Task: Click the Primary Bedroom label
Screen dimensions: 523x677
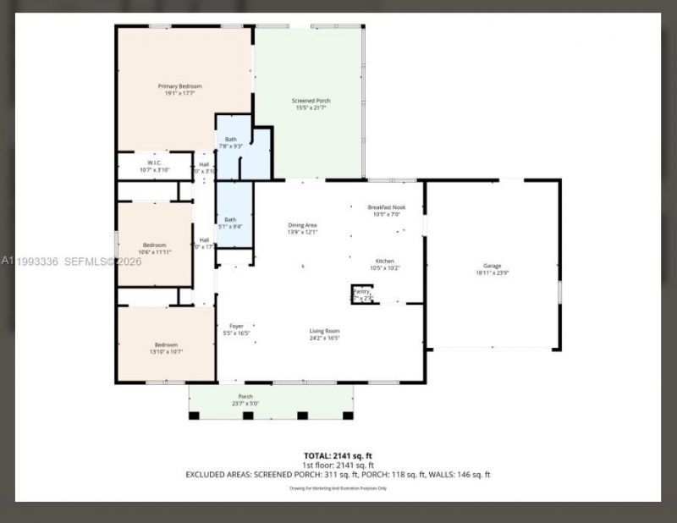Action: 179,86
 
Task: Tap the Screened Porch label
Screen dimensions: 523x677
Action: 312,101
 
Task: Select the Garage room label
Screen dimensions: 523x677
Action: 493,266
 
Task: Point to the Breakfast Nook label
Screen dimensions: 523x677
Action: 387,207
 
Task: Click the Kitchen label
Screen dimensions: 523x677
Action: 386,261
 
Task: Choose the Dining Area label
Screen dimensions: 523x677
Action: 302,225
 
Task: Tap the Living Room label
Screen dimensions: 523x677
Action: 324,331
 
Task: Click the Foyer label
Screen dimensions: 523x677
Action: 237,326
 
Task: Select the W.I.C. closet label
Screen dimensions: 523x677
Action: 154,162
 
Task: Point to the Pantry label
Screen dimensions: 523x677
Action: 361,291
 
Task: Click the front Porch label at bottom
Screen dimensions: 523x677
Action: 245,397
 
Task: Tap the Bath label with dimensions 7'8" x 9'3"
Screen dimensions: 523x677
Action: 231,140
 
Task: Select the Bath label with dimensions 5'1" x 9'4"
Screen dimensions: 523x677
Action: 230,219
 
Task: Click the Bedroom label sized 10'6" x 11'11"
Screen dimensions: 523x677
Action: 154,245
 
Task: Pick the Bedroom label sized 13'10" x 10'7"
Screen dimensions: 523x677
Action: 166,344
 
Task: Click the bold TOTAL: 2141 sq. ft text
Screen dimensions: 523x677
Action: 338,456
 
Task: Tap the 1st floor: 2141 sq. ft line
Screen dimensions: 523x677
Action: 338,465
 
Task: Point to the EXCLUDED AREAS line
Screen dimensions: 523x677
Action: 338,475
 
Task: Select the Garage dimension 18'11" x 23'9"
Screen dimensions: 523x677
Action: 493,273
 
